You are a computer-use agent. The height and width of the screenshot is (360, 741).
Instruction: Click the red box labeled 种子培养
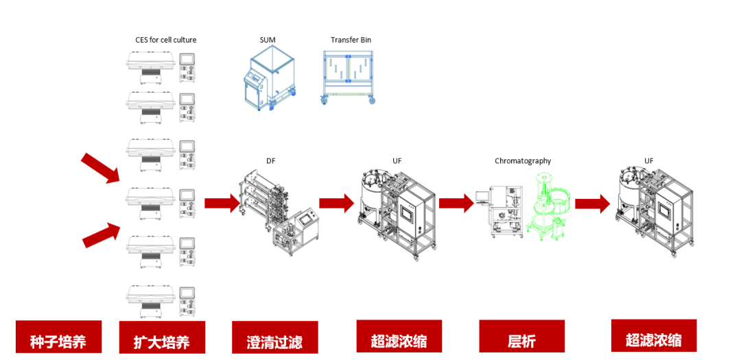point(58,337)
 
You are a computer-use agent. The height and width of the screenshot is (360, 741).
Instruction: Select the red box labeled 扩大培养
point(162,337)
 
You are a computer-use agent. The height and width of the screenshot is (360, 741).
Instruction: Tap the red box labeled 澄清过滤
point(274,337)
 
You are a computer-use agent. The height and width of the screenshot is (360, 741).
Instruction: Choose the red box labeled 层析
point(521,337)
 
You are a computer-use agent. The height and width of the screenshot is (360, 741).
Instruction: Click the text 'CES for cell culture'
point(165,40)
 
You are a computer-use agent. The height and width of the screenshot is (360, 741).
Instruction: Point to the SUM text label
point(268,40)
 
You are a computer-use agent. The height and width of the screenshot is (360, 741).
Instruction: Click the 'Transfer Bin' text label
point(351,40)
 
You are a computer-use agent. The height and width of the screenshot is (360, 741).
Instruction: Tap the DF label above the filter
point(271,161)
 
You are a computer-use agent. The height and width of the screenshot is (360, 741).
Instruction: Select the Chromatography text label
point(523,161)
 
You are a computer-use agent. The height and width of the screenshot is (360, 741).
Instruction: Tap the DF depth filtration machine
point(277,213)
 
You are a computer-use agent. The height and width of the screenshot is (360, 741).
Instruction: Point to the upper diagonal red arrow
point(100,169)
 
